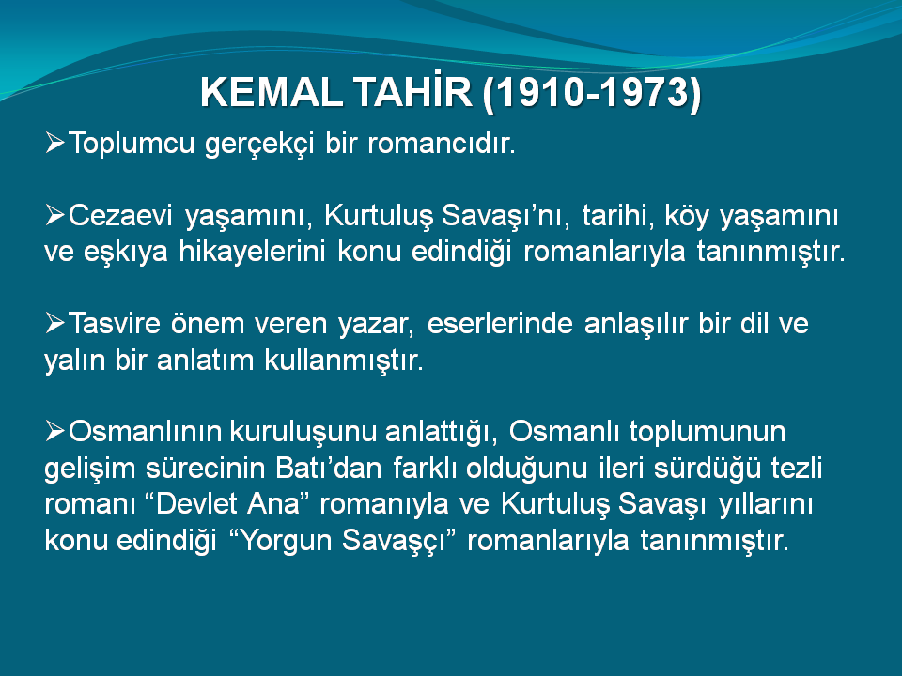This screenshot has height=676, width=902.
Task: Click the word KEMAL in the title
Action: [x=271, y=92]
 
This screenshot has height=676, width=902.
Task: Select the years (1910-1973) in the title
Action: [x=592, y=93]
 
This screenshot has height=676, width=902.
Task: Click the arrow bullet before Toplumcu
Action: [x=54, y=143]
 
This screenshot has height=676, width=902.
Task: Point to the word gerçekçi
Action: [x=259, y=144]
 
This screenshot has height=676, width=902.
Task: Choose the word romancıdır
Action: [x=442, y=143]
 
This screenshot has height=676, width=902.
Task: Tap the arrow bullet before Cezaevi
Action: [x=54, y=216]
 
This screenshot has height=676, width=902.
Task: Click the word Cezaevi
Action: [x=120, y=216]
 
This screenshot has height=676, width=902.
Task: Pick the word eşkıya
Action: [x=125, y=253]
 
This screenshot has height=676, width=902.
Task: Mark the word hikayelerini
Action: [x=252, y=252]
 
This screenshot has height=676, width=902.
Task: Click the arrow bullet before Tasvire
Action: [x=54, y=323]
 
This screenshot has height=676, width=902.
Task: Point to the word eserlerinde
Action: [x=500, y=324]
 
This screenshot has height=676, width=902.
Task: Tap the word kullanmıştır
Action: [x=344, y=361]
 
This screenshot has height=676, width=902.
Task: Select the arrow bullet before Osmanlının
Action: [x=54, y=431]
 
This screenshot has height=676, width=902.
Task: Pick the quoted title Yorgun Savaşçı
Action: [x=343, y=541]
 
